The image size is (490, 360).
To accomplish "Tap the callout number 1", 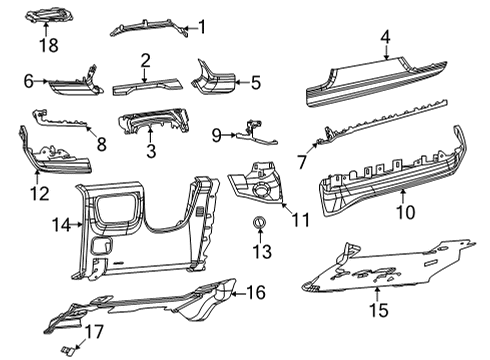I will [200, 27].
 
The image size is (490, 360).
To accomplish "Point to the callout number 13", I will [260, 250].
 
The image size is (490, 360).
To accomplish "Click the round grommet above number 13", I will [260, 222].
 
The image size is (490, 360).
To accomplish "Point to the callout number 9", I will [215, 133].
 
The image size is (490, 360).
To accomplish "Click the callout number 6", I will [29, 81].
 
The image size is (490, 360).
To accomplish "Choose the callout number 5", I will [255, 83].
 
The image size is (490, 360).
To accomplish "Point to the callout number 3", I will [151, 151].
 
